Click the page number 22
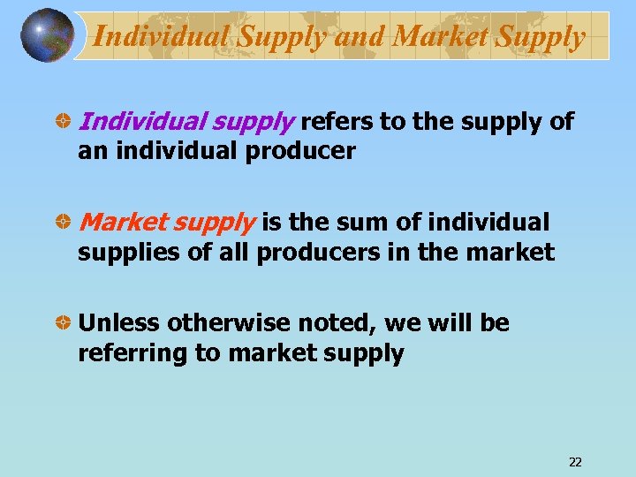pos(575,462)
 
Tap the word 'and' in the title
pos(360,36)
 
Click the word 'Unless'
pos(119,323)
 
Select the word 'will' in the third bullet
pos(450,323)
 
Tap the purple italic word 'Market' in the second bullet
pos(117,223)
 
